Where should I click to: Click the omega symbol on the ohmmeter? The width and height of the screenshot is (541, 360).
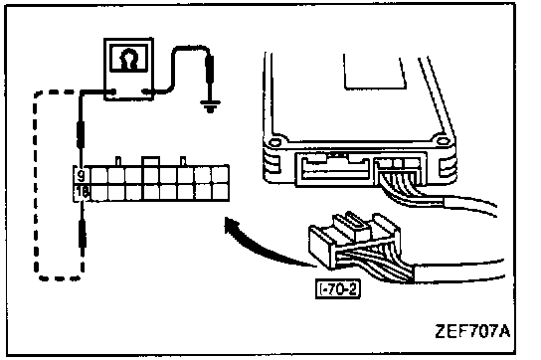(128, 60)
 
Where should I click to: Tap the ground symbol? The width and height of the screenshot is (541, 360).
(211, 106)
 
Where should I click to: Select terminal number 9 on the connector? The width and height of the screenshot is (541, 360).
(81, 176)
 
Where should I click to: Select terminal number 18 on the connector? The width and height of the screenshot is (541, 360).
(82, 193)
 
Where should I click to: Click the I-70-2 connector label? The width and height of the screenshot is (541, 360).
(338, 289)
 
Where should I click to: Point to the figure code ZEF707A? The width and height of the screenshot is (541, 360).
(472, 332)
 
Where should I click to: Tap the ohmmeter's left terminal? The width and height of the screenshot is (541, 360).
(112, 91)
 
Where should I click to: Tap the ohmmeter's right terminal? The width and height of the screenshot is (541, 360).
(146, 91)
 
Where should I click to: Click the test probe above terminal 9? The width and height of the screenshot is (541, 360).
(81, 135)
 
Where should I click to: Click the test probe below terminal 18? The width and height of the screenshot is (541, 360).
(83, 235)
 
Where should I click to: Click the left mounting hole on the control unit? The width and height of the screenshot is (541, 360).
(274, 142)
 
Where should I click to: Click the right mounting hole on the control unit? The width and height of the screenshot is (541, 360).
(442, 141)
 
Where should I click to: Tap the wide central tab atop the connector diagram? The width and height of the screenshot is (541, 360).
(151, 161)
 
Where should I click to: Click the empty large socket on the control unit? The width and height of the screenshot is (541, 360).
(334, 168)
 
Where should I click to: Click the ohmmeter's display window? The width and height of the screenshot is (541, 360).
(128, 58)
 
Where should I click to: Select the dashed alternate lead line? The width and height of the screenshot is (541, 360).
(36, 186)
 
